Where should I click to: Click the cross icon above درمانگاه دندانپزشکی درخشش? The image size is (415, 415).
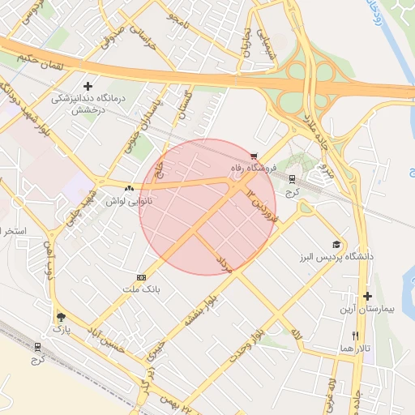coord(88,85)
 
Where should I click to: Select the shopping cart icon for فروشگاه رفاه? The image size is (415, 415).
coord(255,156)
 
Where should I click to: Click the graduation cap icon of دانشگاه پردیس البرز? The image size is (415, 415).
coord(336,245)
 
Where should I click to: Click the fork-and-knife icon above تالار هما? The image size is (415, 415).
coord(355,336)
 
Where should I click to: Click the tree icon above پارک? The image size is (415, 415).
coord(61,317)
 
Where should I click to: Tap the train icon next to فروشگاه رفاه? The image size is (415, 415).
coord(292,181)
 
